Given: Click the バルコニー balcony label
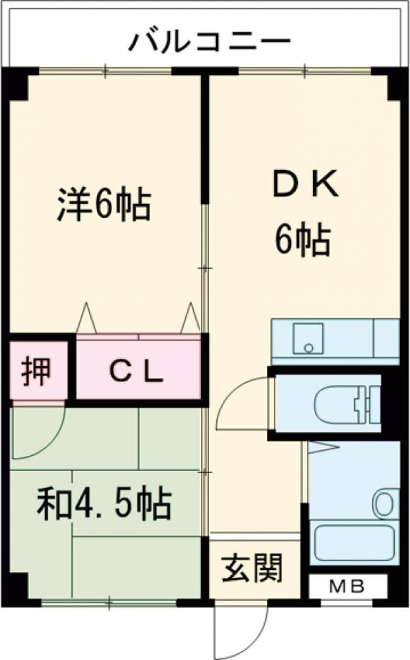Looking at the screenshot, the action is click(209, 42).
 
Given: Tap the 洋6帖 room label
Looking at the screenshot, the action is click(104, 206).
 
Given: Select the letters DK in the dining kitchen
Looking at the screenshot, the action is click(305, 184).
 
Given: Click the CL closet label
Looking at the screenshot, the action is click(136, 371).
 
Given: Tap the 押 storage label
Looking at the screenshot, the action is click(36, 371).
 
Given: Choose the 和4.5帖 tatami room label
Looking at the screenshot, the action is click(104, 503).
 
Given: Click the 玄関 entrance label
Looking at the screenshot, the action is click(252, 567).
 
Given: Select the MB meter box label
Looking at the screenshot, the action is click(347, 586).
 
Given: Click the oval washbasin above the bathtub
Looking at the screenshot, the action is click(385, 503).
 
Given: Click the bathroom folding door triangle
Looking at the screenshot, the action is click(323, 446).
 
